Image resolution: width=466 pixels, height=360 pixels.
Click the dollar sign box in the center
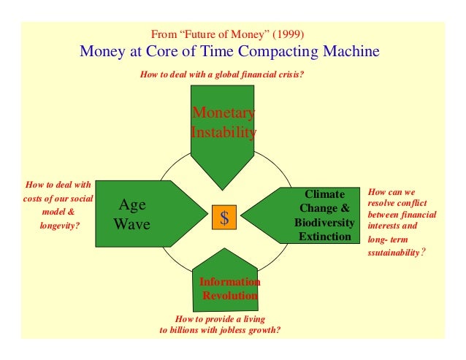(x=225, y=218)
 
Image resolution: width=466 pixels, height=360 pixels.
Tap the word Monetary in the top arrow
(x=223, y=113)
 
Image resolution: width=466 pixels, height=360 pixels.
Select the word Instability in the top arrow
(x=223, y=133)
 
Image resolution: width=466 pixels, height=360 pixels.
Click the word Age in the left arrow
(x=132, y=206)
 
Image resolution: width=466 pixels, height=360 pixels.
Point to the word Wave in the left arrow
(x=132, y=224)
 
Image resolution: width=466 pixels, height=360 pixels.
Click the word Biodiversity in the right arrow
(x=324, y=223)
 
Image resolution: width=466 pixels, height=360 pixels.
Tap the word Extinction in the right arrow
(x=324, y=237)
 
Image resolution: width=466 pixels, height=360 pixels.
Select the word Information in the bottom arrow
(x=229, y=282)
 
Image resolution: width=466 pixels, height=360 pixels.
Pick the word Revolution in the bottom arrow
(x=229, y=296)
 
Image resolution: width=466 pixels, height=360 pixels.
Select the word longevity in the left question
(x=59, y=225)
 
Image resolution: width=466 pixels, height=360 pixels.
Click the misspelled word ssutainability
(x=394, y=253)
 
